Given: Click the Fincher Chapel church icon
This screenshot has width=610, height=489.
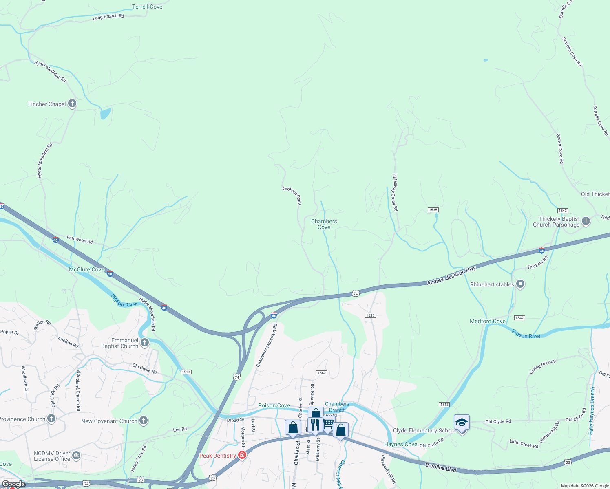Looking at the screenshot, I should click(x=72, y=104).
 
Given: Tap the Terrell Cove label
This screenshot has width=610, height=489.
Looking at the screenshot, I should click(x=147, y=7).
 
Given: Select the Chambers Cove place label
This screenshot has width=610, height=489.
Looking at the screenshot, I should click(x=324, y=224).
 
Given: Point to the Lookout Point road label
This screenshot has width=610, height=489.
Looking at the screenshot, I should click(x=292, y=195).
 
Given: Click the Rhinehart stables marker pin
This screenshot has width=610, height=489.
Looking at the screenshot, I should click(x=520, y=284).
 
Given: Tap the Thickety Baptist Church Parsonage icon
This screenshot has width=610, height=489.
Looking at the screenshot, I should click(x=586, y=221).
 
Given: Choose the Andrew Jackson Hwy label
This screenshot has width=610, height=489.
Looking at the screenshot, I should click(x=451, y=276).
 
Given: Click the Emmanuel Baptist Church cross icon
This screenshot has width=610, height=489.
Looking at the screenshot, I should click(x=145, y=343).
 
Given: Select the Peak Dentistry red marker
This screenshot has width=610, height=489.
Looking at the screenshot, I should click(x=242, y=455).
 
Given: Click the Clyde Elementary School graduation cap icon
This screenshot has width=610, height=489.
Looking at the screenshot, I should click(x=462, y=423).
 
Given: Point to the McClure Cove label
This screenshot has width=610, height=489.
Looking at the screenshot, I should click(x=86, y=269).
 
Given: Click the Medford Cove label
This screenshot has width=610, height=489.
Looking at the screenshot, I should click(x=488, y=321).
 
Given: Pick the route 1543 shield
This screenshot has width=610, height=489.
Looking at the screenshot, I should click(x=563, y=211).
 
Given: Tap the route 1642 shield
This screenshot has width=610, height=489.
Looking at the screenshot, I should click(x=321, y=373).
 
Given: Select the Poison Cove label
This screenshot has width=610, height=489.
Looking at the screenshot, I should click(x=274, y=405).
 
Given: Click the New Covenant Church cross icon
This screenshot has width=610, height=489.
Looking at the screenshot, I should click(x=144, y=421).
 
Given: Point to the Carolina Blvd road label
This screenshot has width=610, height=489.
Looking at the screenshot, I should click(x=440, y=467).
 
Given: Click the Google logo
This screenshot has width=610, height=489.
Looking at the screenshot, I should click(x=13, y=484).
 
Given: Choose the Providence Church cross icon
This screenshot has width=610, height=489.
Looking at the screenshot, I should click(x=51, y=419).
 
